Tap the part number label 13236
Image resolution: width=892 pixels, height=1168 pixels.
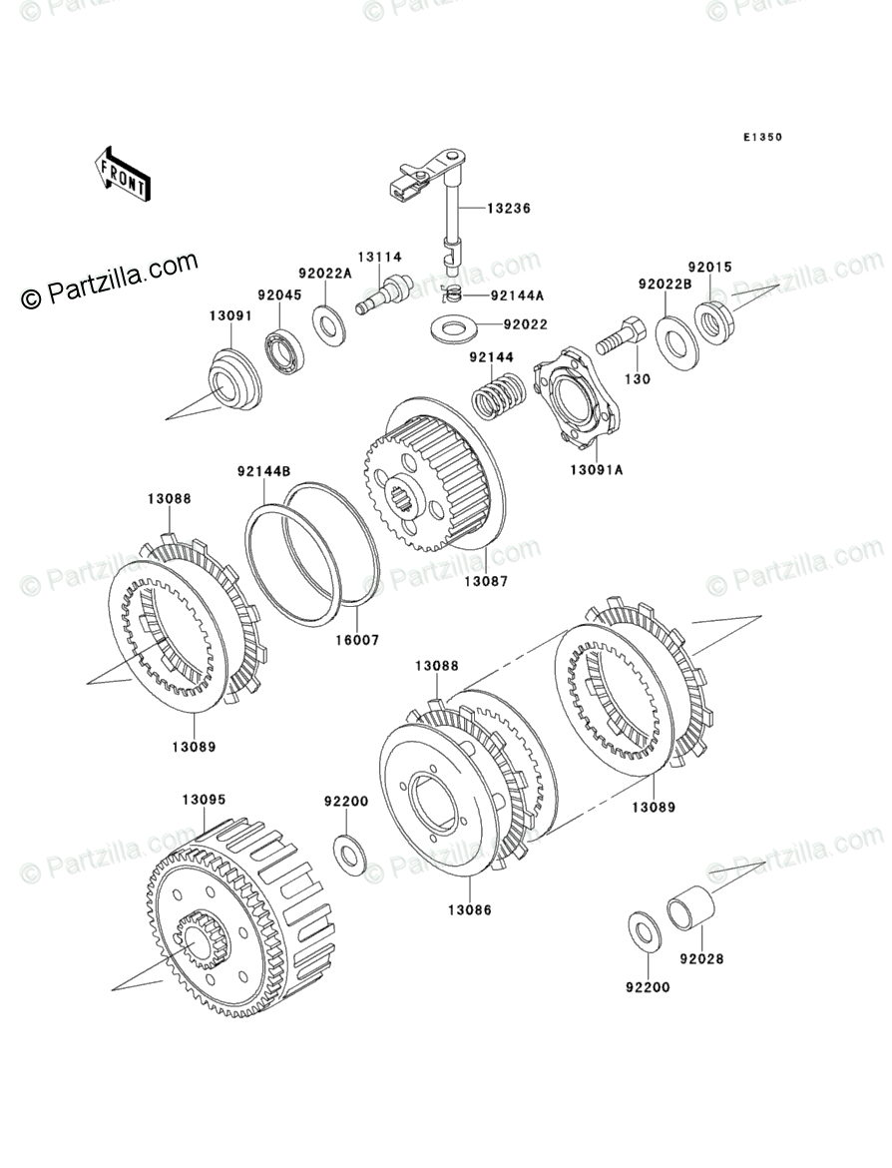[x=508, y=209]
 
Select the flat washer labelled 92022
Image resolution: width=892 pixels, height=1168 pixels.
[x=452, y=326]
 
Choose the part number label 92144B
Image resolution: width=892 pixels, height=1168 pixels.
[x=263, y=471]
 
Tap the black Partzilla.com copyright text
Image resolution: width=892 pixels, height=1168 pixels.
[x=109, y=283]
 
